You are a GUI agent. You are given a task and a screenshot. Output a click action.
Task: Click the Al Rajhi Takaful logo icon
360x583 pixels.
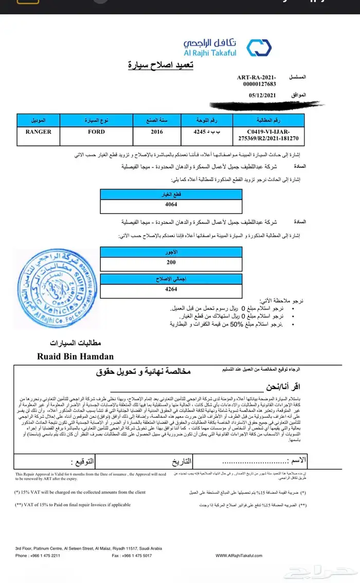[x=259, y=47]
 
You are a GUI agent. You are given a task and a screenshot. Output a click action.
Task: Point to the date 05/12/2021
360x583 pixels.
[x=263, y=95]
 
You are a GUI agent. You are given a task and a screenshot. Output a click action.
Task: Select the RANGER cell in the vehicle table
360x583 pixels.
[x=39, y=132]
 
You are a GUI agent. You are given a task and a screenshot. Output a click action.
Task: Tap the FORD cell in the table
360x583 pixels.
[x=96, y=132]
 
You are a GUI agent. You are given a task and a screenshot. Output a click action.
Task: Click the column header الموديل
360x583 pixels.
[x=39, y=120]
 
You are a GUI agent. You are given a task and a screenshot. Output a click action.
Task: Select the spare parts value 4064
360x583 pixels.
[x=171, y=204]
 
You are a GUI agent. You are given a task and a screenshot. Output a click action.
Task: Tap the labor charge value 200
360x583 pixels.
[x=171, y=262]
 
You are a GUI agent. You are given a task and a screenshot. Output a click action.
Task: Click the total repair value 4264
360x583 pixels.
[x=171, y=290]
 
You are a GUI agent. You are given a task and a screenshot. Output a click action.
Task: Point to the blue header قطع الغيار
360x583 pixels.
[x=171, y=195]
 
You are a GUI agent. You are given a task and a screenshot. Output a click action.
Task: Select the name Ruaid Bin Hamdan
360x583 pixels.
[x=75, y=356]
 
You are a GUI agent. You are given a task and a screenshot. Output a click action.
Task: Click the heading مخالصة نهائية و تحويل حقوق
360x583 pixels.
[x=143, y=371]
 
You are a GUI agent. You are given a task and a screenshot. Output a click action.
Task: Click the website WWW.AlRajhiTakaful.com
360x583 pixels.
[x=239, y=556]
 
